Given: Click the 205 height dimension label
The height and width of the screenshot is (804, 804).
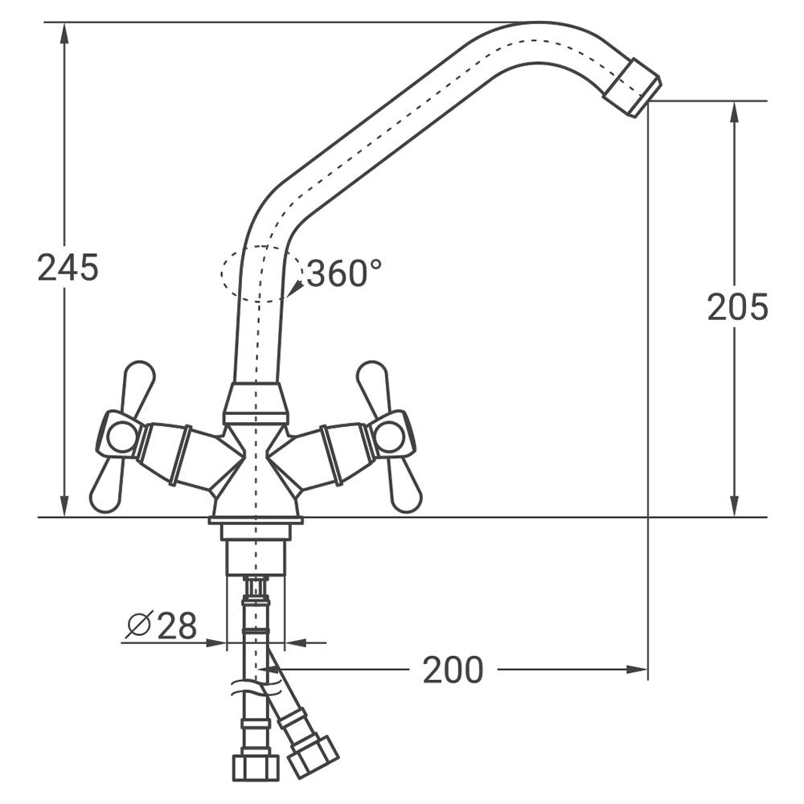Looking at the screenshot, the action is point(737,307).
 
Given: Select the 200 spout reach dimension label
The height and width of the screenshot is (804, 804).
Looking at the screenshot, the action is point(453,670).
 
